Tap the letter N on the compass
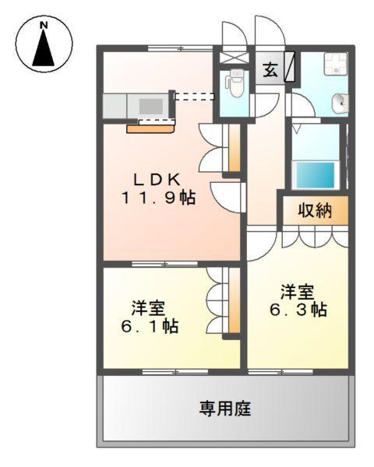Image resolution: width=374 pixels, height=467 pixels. (44, 26)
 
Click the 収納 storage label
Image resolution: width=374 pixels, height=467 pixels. (316, 210)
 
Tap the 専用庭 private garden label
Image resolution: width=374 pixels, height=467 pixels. (224, 408)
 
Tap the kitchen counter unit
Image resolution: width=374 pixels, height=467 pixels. (137, 104)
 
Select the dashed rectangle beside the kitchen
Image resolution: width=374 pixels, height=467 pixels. (194, 97)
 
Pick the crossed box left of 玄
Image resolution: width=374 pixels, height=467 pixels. (233, 57)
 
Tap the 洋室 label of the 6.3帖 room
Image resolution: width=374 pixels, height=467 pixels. (298, 292)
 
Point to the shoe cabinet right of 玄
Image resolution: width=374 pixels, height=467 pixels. (289, 66)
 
